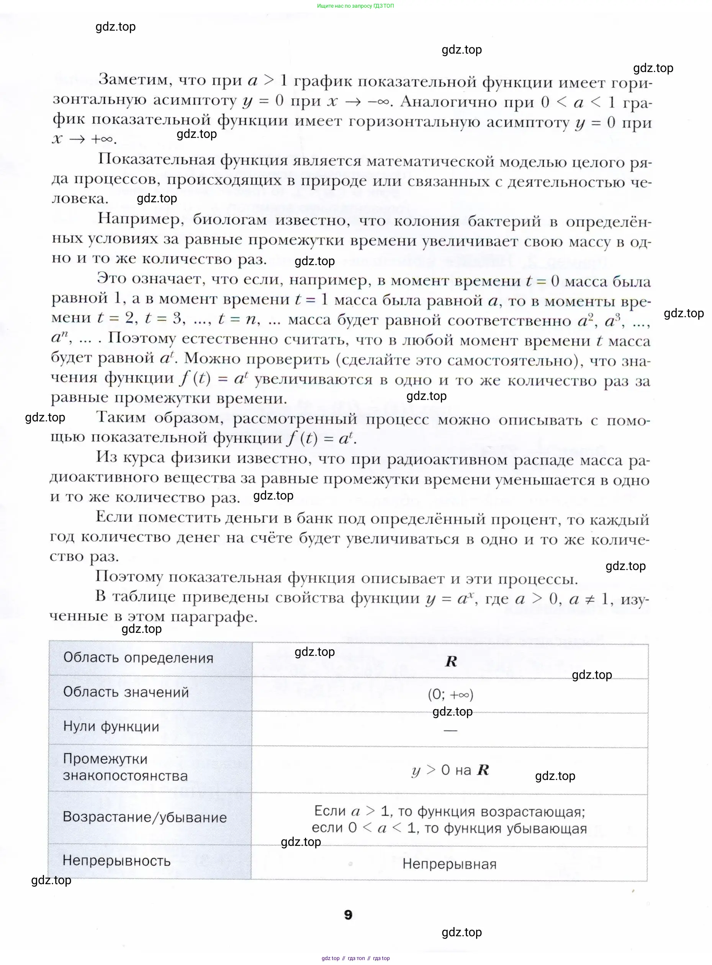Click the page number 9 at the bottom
pos(348,914)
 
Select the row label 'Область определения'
pos(138,658)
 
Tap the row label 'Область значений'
pos(126,692)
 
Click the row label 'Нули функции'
pos(111,726)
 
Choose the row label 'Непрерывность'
pos(116,861)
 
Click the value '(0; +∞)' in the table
pos(450,694)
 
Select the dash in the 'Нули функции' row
pos(450,731)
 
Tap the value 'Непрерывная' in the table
pos(450,864)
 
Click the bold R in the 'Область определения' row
pos(451,661)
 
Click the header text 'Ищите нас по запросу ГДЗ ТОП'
pos(355,6)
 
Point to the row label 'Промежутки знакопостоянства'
pos(125,767)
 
